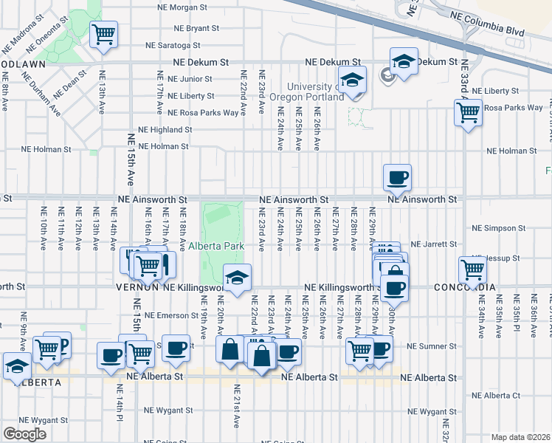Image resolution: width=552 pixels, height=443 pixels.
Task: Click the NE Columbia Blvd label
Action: (x=494, y=32)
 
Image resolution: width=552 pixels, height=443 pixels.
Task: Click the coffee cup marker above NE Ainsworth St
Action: (x=397, y=177)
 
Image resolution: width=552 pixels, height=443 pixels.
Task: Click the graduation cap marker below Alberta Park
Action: (x=238, y=278)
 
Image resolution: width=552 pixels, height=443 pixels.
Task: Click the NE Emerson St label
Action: (x=172, y=315)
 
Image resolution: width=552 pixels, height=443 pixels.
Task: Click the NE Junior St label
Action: (x=190, y=78)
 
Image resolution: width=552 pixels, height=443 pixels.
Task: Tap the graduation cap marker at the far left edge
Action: (x=16, y=366)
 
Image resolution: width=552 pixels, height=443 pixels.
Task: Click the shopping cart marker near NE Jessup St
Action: (x=472, y=269)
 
